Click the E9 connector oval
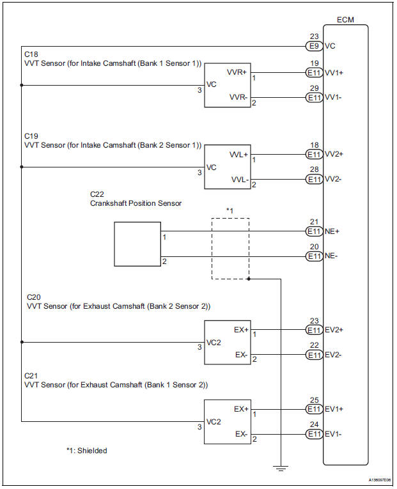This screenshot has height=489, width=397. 314,46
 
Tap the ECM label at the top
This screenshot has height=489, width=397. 346,19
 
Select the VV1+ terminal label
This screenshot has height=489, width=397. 334,72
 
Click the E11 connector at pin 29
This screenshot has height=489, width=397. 314,98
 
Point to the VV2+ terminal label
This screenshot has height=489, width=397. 334,154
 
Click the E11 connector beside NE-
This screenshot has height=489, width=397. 314,256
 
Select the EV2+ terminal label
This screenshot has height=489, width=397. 334,330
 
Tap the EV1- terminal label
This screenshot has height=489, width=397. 334,434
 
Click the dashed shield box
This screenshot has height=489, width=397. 230,248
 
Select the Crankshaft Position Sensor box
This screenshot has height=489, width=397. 137,244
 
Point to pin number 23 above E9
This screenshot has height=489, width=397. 313,36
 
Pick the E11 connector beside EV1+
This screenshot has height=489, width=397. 314,408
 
